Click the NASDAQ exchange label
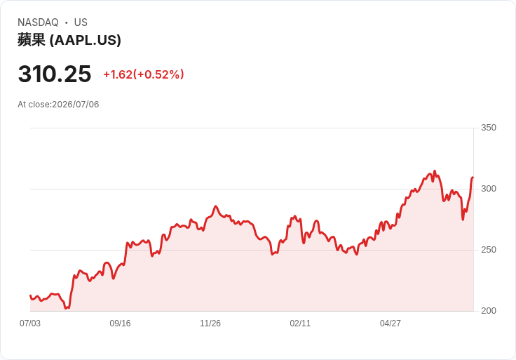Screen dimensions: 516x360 [x=38, y=22]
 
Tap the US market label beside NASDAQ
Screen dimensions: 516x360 [x=81, y=22]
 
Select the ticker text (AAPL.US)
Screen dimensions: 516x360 [x=86, y=40]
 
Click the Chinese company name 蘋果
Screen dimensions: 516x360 [x=32, y=40]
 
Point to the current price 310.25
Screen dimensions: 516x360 [x=55, y=74]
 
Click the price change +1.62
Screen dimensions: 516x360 [x=118, y=74]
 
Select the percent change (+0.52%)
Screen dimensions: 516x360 [x=158, y=74]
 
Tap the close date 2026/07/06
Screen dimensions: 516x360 [x=75, y=105]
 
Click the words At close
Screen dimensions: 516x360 [x=34, y=105]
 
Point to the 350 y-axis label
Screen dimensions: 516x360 [x=489, y=128]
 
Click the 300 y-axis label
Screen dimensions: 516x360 [x=489, y=189]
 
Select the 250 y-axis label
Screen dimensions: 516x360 [x=489, y=250]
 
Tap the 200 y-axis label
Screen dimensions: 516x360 [x=489, y=311]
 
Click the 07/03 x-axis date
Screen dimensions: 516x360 [x=30, y=324]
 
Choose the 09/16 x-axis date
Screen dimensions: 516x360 [x=120, y=324]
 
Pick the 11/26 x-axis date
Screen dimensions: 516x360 [x=210, y=324]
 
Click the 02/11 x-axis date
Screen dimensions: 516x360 [x=300, y=324]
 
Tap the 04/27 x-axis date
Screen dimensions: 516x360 [x=391, y=324]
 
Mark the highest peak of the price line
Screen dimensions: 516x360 [x=435, y=171]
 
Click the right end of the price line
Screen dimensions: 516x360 [x=473, y=178]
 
